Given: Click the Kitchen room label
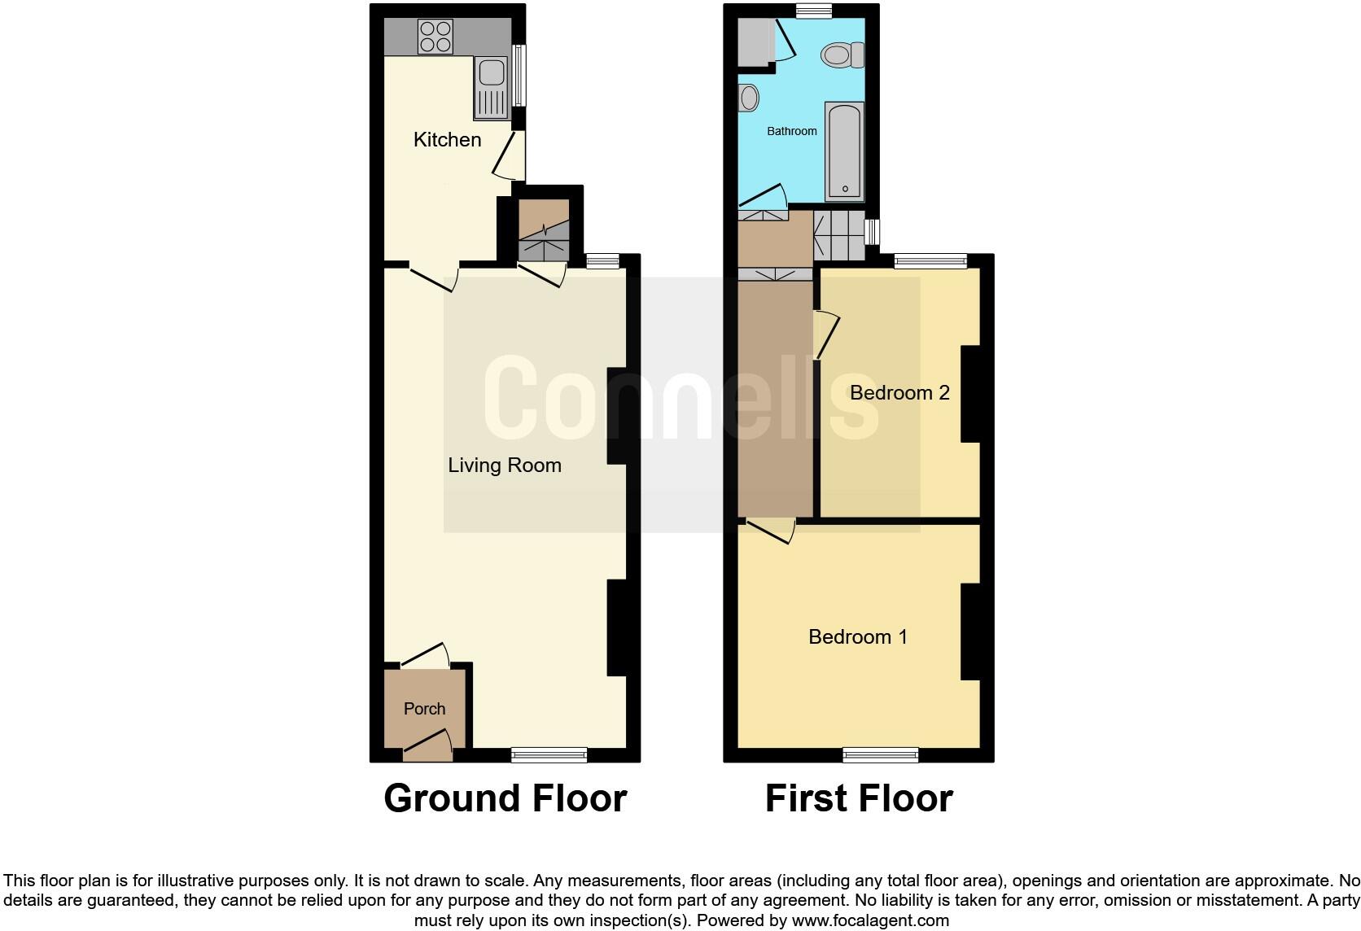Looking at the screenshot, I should pos(447,140).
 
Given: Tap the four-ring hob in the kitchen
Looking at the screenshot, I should pos(435,37).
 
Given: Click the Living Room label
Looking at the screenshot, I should pos(505,465).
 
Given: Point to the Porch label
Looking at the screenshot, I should pos(424,709).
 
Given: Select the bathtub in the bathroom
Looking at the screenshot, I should pos(844,151).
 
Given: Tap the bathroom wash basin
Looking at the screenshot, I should pos(749,98).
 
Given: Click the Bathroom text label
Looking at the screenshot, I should pos(791,131).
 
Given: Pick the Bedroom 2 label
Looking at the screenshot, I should pos(899,393).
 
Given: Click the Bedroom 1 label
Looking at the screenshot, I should pos(858,636).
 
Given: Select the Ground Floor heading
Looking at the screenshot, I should pos(505,798).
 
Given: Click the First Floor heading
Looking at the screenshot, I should pos(859,798).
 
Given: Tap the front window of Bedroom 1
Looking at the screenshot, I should pos(881,755).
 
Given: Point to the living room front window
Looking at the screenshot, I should pos(549,755).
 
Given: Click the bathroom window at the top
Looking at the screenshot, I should pos(814,11).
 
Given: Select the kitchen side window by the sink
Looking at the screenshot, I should pos(519,75).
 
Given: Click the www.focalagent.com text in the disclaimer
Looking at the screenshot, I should pos(870,920).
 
